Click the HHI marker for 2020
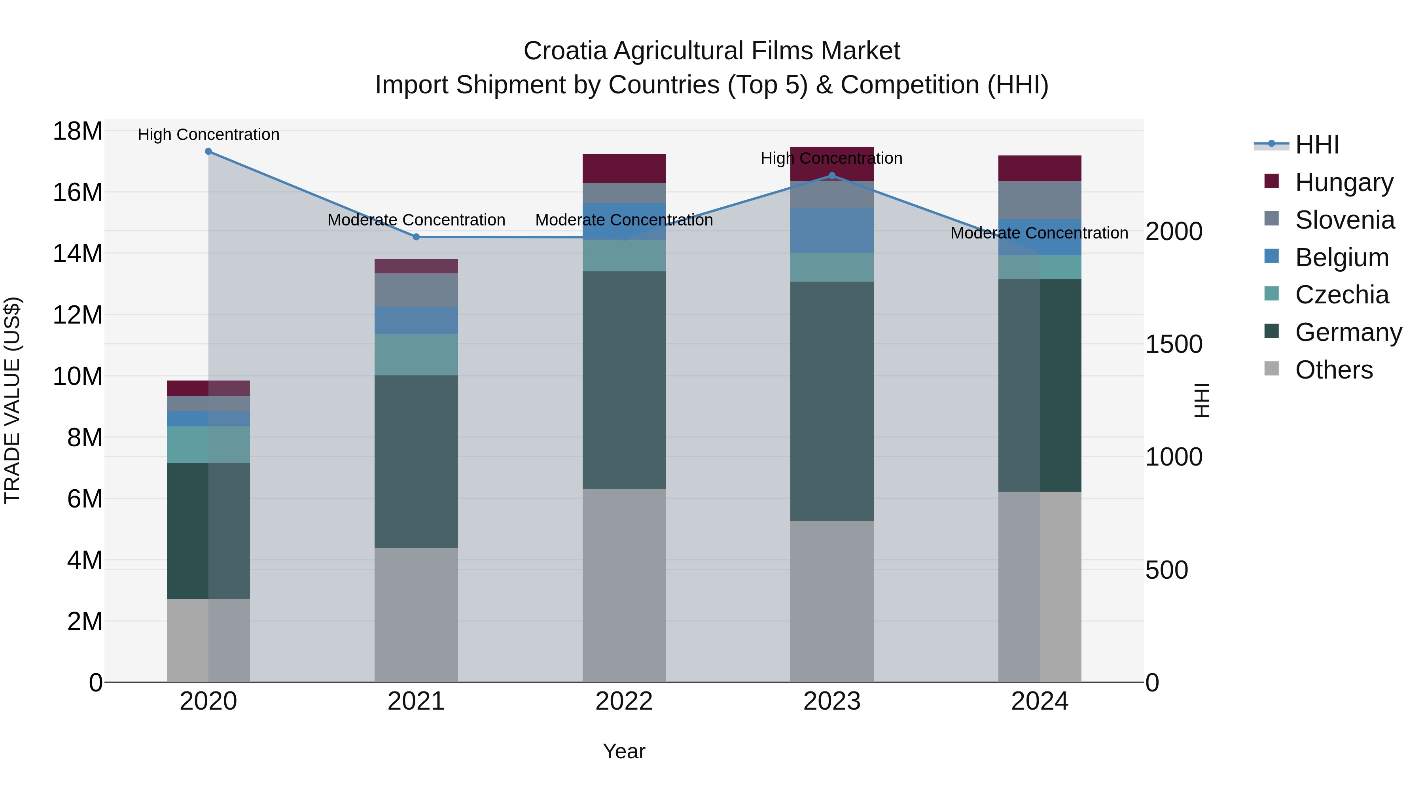coord(208,151)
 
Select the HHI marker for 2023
coord(832,176)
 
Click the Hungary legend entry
coord(1343,182)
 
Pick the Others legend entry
coord(1333,370)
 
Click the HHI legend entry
coord(1317,145)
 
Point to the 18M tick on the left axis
coord(78,132)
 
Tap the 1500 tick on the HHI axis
coord(1173,345)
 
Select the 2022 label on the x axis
coord(624,701)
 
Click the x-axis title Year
coord(624,751)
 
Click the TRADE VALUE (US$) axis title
coord(12,400)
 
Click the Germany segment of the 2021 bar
coord(416,462)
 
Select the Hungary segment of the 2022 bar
coord(624,168)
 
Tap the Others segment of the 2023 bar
coord(832,601)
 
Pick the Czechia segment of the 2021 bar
coord(416,355)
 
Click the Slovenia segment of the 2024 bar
coord(1040,200)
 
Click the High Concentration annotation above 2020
coord(208,134)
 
